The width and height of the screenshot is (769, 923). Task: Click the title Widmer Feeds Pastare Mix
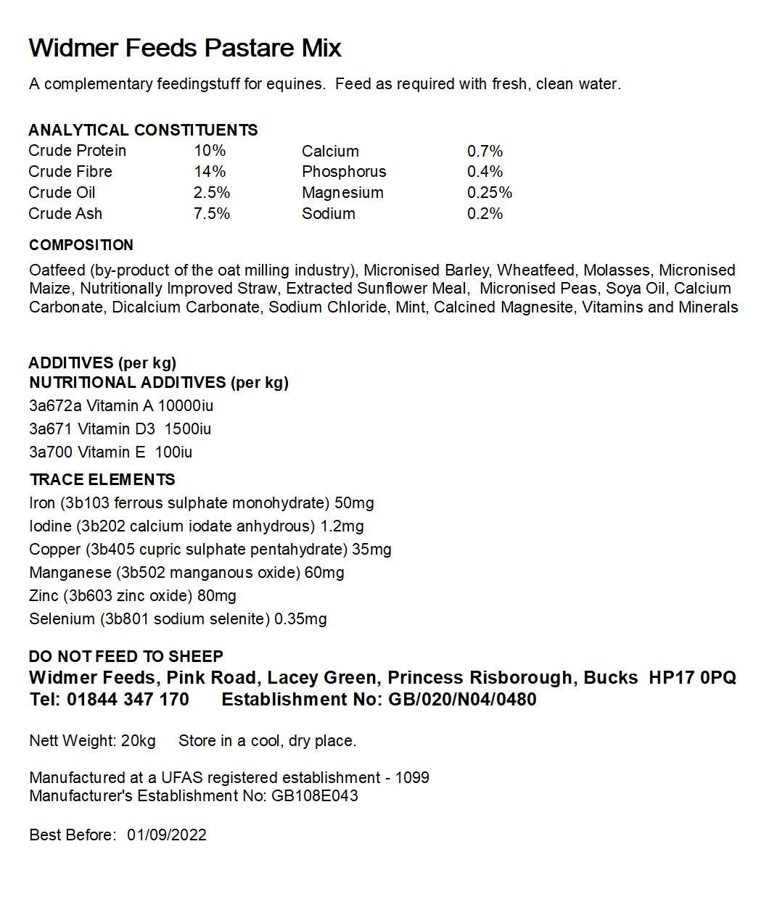click(x=185, y=49)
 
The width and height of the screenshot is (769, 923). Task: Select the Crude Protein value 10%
click(x=210, y=151)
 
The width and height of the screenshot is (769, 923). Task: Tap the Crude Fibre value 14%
click(x=210, y=172)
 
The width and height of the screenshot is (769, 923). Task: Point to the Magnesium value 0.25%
click(x=490, y=193)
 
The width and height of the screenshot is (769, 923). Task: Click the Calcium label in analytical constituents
click(x=330, y=152)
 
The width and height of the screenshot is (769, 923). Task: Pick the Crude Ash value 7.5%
click(x=212, y=214)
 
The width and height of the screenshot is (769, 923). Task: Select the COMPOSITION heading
click(x=81, y=245)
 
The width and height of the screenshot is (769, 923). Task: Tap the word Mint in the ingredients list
click(x=411, y=307)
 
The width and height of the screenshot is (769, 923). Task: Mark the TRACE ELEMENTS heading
click(x=102, y=480)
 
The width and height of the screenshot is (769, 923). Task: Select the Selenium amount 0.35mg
click(x=300, y=619)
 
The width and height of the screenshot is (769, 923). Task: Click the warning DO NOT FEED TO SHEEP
click(x=126, y=657)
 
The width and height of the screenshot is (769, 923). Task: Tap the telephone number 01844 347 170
click(x=128, y=700)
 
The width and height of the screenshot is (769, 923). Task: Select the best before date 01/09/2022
click(x=167, y=835)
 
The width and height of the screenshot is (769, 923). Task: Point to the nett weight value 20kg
click(x=139, y=742)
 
